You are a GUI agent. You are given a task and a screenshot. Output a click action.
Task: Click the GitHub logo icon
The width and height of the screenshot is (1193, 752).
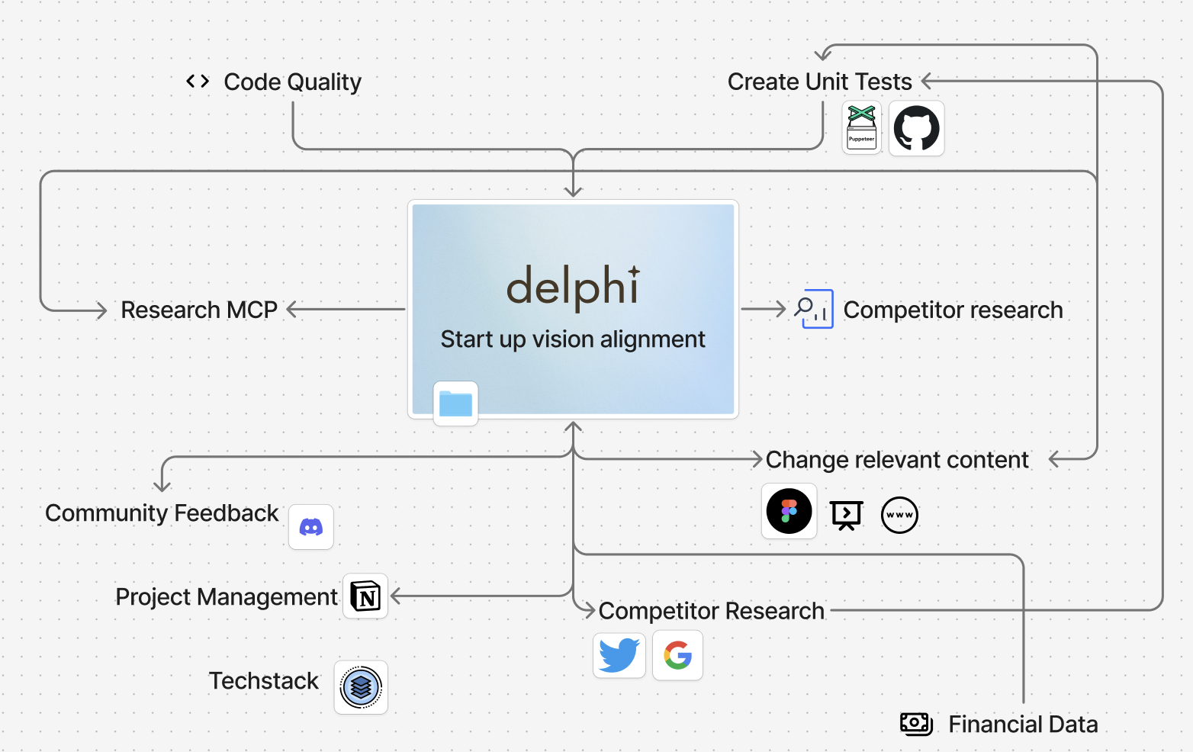[916, 128]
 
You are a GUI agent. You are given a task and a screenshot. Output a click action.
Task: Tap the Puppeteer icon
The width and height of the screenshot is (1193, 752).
[862, 128]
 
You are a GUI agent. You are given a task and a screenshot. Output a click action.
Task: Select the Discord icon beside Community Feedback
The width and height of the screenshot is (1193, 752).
[311, 527]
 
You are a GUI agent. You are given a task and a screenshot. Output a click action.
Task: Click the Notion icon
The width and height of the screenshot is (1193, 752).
[365, 596]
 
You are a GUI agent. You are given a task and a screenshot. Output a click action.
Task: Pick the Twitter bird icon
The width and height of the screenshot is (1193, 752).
[619, 655]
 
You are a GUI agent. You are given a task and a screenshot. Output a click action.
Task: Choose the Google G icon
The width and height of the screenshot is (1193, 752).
[677, 655]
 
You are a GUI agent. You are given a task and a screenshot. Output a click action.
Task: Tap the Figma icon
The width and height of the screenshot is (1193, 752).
[789, 512]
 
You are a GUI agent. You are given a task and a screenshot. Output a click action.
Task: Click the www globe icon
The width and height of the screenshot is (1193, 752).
[899, 515]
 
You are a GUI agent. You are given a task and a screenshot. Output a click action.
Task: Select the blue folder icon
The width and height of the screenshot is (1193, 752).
[456, 403]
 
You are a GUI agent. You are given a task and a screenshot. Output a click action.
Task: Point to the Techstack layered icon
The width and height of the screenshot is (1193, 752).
[361, 687]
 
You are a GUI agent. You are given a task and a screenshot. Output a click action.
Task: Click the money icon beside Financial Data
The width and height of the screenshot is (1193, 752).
[916, 724]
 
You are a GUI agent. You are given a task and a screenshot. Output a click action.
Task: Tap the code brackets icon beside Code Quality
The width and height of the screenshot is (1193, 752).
[198, 81]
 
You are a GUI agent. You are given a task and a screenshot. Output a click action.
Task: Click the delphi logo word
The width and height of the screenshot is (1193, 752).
[573, 286]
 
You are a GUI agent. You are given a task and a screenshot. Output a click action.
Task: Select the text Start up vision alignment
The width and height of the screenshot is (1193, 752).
[573, 339]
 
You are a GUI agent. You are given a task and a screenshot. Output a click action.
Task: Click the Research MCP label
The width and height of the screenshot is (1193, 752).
[199, 310]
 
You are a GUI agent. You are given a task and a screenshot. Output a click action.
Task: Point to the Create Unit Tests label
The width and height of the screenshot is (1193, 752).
[819, 82]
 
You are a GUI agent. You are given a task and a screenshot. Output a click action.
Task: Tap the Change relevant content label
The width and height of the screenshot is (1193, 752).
[897, 460]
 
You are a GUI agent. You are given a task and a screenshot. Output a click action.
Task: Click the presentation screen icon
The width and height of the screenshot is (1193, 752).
[847, 516]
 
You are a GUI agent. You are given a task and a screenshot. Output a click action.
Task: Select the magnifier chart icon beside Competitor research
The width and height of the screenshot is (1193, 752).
[813, 309]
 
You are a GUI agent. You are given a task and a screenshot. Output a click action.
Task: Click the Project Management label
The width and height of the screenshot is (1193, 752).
[227, 596]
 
